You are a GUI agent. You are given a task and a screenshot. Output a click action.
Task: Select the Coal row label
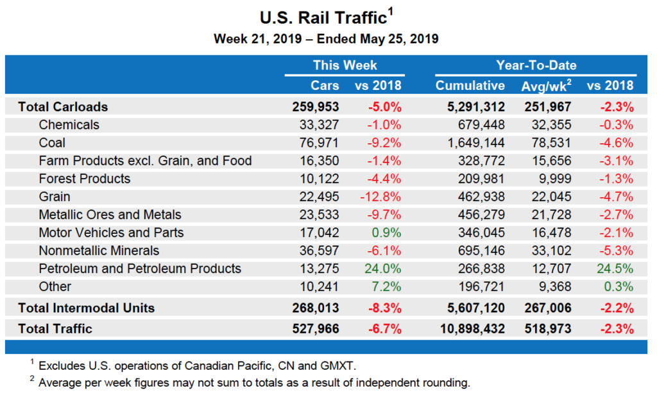point(52,143)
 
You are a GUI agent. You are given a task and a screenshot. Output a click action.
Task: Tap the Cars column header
point(325,85)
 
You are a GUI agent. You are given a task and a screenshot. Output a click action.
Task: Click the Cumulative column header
point(470,85)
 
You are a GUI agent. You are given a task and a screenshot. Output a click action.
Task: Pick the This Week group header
point(345,65)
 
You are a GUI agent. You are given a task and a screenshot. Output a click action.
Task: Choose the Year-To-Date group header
point(536,65)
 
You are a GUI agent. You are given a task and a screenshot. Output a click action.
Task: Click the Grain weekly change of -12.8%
point(383,197)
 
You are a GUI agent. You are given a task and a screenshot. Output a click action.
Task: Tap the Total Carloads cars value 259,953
point(316,107)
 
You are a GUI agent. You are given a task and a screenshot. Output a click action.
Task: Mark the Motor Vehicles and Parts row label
point(111,233)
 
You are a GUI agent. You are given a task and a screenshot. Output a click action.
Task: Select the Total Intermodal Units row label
point(86,308)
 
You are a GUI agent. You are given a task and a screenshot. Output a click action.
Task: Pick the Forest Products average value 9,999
point(554,179)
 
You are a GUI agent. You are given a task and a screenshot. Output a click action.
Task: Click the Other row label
point(55,286)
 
